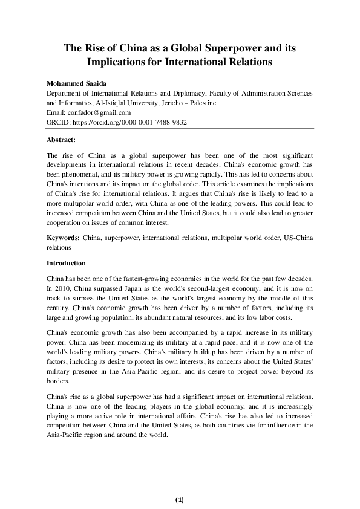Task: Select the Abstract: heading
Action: point(61,139)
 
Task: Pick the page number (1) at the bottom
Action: point(180,499)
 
